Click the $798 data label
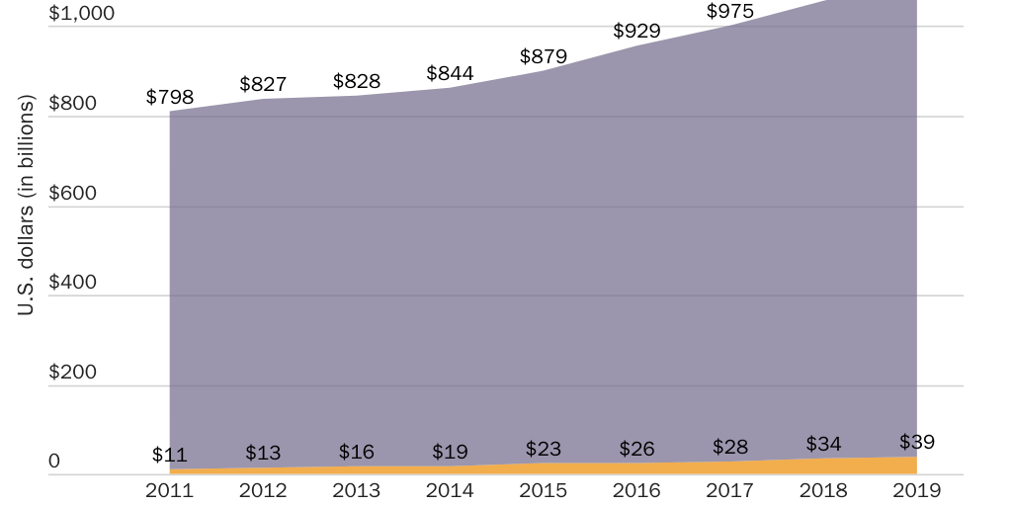coord(170,97)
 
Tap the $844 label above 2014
coord(450,73)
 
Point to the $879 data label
coord(544,56)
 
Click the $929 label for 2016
coord(636,31)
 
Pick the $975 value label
coord(729,12)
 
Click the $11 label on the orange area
coord(170,456)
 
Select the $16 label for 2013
coord(357,452)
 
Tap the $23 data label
coord(544,448)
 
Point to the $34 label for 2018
coord(823,444)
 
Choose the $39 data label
coord(917,442)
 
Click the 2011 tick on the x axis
coord(170,489)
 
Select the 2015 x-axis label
coord(544,489)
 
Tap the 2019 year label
coord(917,489)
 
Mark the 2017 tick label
coord(730,489)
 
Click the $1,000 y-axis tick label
coord(81,14)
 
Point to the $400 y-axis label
coord(72,283)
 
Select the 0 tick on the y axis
coord(54,462)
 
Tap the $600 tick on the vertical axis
coord(72,193)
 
